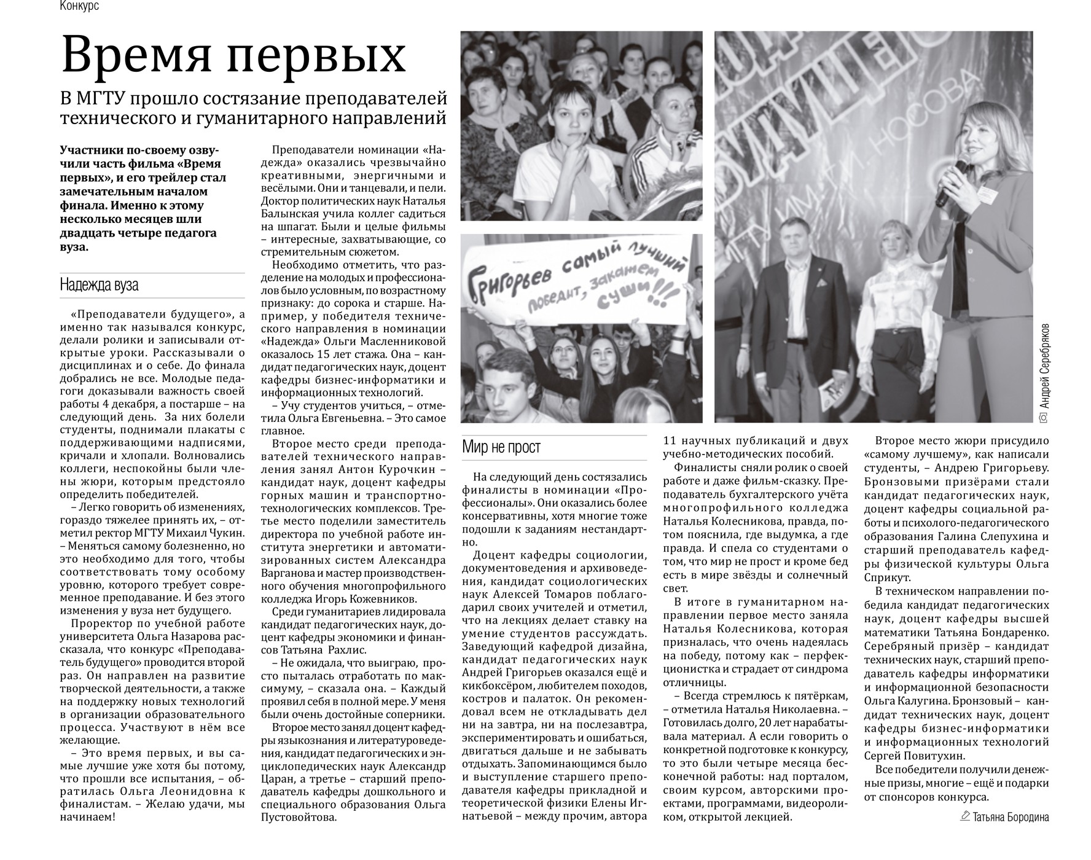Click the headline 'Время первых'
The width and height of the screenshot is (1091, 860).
tap(233, 55)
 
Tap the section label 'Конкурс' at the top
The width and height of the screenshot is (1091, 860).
tap(79, 6)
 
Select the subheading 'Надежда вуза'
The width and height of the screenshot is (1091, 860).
tap(99, 285)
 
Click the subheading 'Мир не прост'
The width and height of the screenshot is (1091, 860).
tap(501, 447)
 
